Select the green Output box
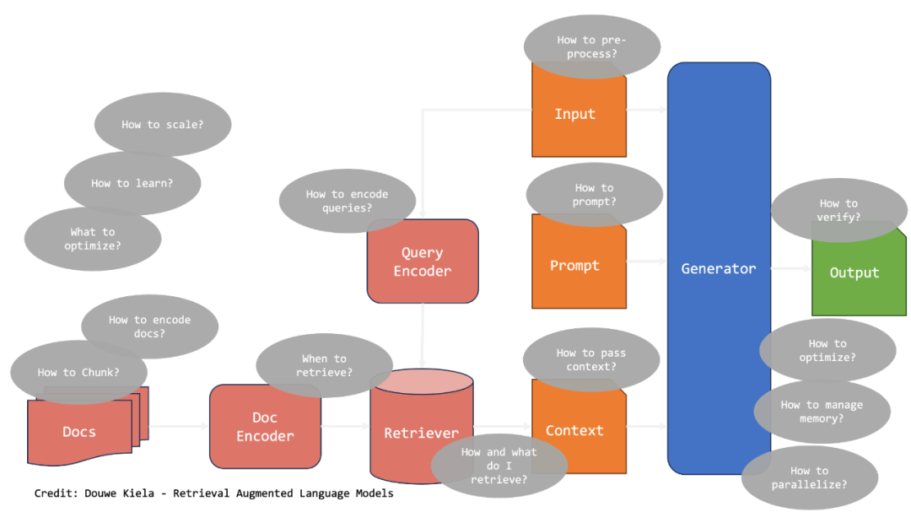pyautogui.click(x=854, y=283)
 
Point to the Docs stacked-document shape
pyautogui.click(x=79, y=433)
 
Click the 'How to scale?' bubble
pyautogui.click(x=163, y=124)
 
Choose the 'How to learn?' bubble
pyautogui.click(x=132, y=183)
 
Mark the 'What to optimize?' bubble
pyautogui.click(x=93, y=239)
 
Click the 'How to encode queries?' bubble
pyautogui.click(x=347, y=200)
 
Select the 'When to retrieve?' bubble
pyautogui.click(x=324, y=364)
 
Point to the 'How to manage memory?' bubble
pyautogui.click(x=822, y=411)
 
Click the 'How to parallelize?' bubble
pyautogui.click(x=809, y=477)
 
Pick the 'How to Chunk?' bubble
pyautogui.click(x=78, y=372)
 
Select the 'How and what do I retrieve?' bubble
pyautogui.click(x=499, y=466)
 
